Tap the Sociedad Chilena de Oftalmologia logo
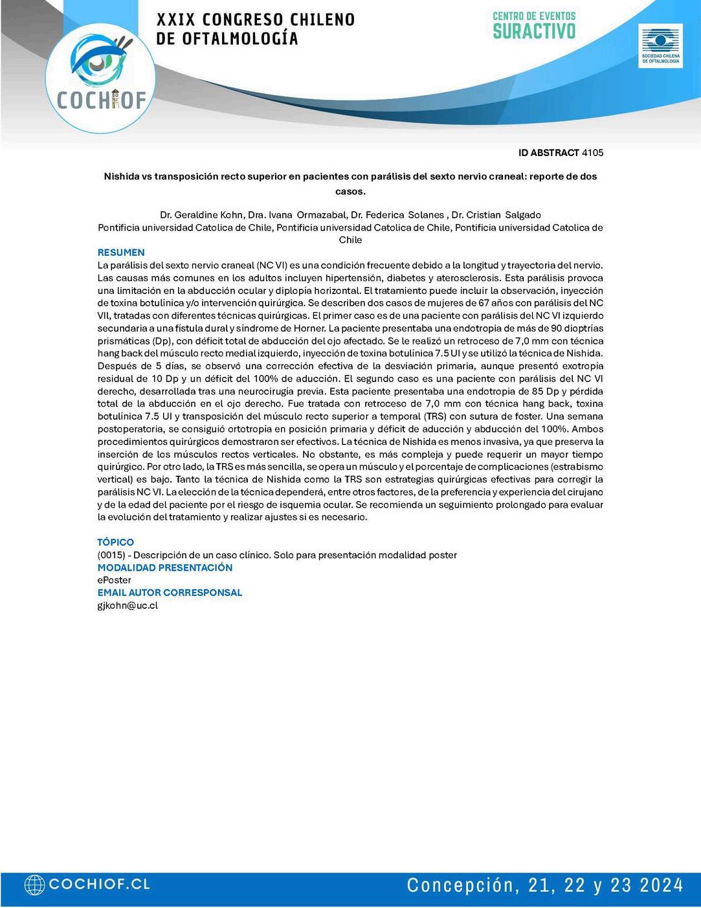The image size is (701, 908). (660, 46)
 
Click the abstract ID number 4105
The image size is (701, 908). (593, 153)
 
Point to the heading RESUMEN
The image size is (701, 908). (121, 253)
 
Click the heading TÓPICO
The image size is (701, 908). (116, 542)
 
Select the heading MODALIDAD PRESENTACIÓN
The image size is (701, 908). (164, 567)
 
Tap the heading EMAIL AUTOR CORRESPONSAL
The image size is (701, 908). (170, 593)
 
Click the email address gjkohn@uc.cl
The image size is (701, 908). (128, 606)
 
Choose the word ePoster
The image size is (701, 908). (114, 580)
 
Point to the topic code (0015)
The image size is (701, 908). (111, 555)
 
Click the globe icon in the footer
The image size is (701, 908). (34, 885)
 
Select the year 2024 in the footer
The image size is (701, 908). (659, 885)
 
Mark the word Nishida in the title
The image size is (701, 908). (122, 176)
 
